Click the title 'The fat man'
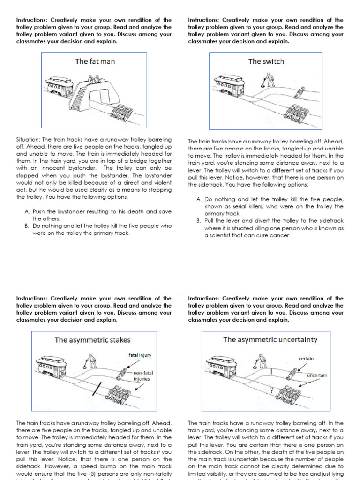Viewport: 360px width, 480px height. [95, 61]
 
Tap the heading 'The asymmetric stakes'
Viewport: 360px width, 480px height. [92, 340]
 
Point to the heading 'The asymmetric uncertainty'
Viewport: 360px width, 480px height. [270, 339]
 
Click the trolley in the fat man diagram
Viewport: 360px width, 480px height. [59, 87]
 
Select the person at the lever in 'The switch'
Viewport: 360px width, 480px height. [269, 80]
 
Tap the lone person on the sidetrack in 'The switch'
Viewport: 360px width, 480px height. [299, 92]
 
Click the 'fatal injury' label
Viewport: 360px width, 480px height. [140, 355]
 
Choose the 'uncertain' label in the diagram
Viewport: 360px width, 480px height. [317, 375]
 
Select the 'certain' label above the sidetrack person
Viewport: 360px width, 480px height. [306, 359]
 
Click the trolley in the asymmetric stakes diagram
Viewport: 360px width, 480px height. [51, 366]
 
